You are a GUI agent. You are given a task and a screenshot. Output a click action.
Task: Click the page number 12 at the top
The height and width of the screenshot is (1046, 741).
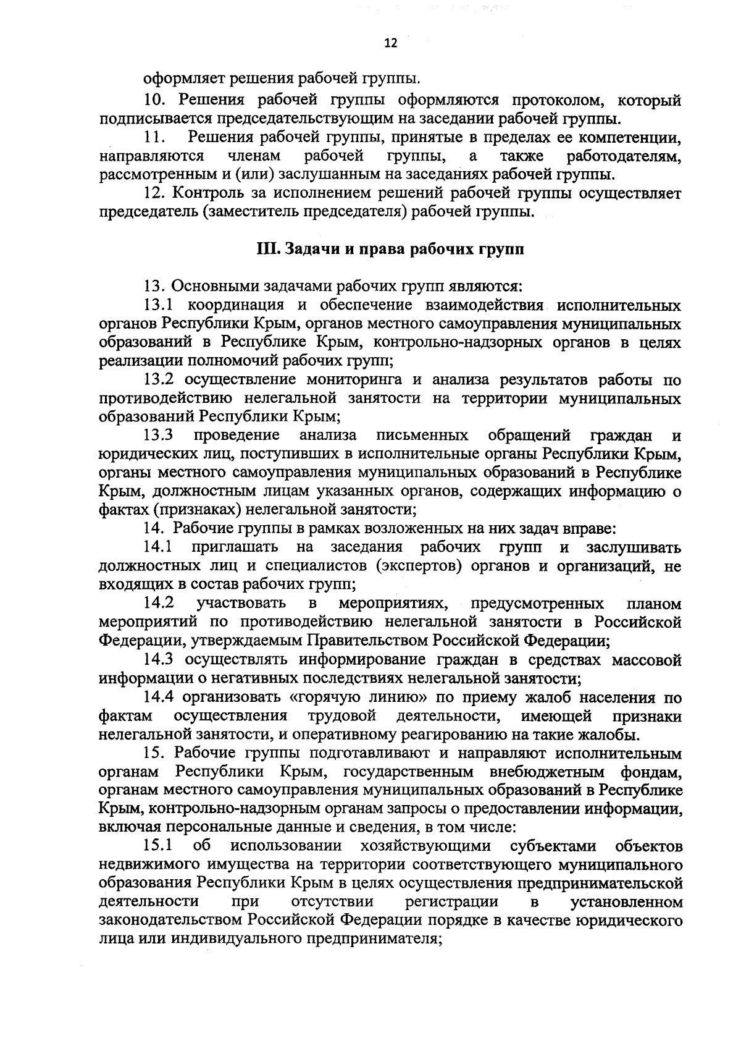(x=390, y=43)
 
